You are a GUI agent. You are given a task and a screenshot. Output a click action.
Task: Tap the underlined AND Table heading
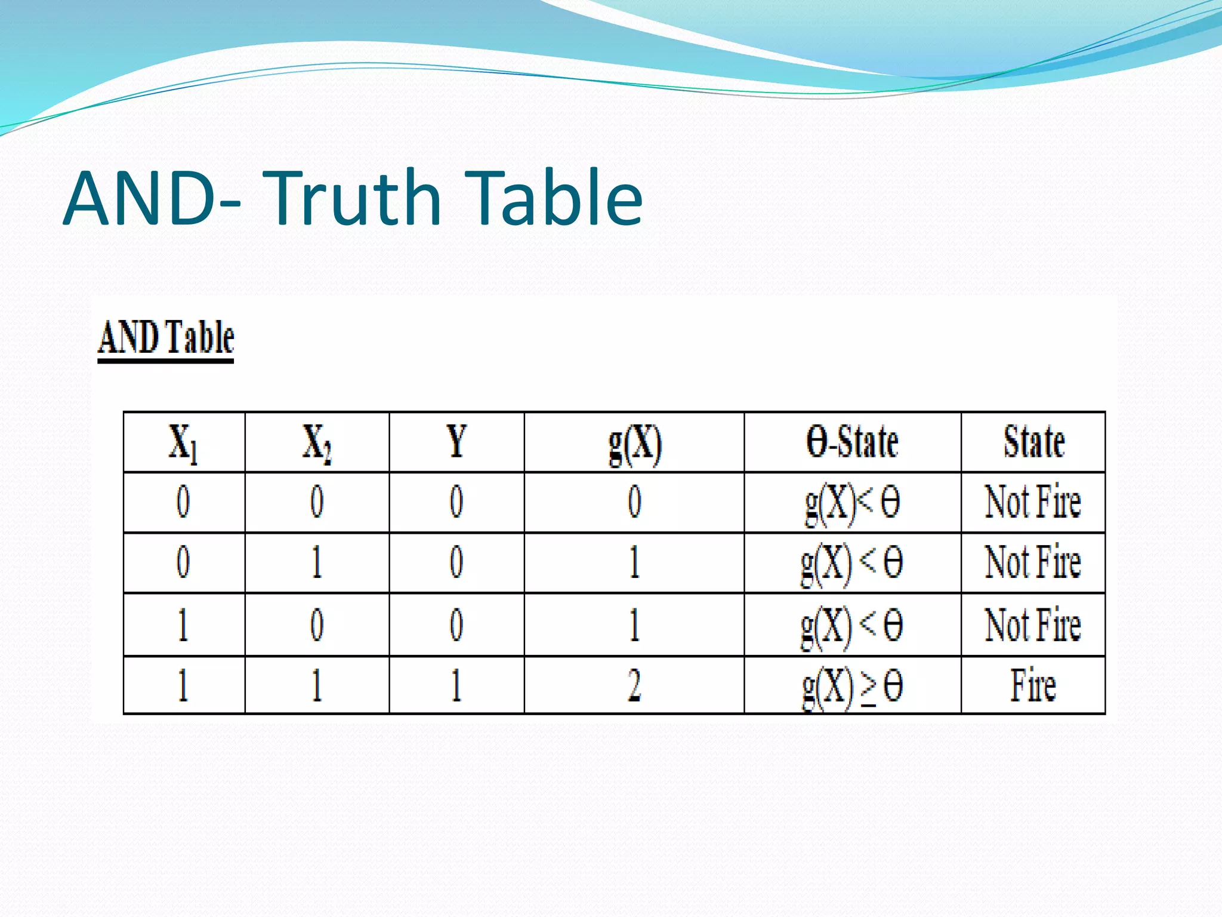point(166,338)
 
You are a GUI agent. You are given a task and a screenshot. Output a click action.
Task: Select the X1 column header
point(183,443)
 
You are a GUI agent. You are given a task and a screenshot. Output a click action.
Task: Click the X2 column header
point(317,443)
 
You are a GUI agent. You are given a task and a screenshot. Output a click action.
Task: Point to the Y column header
point(456,442)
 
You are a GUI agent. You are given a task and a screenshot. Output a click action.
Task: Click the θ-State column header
point(852,442)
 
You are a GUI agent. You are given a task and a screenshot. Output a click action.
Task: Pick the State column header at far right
point(1033,442)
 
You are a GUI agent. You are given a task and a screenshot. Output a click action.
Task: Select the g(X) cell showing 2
point(634,685)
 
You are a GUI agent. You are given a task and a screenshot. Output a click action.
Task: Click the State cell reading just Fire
point(1033,685)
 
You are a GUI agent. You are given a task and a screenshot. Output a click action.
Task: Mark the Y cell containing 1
point(456,685)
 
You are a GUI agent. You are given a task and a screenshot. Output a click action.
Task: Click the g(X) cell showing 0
point(634,501)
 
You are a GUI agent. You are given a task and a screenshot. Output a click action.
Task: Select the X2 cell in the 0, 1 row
point(317,562)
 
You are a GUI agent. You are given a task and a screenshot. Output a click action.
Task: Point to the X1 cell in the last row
point(183,685)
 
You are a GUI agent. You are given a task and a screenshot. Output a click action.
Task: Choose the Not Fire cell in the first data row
point(1033,501)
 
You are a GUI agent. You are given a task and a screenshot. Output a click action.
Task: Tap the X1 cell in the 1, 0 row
point(183,624)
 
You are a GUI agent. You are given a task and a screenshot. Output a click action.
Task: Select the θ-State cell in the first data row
point(852,503)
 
